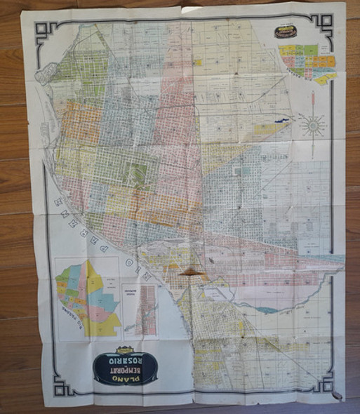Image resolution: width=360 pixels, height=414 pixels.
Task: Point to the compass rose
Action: [313, 126]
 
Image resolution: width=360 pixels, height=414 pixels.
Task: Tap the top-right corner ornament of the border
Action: [324, 22]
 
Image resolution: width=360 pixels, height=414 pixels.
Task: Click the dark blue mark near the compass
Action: [282, 121]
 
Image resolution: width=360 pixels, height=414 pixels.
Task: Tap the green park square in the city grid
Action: [138, 172]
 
